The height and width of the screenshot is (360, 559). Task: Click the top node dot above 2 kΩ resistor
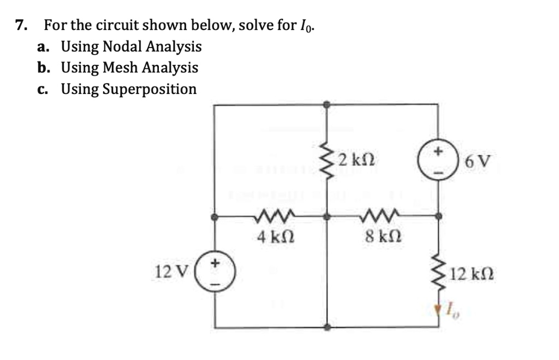click(x=326, y=104)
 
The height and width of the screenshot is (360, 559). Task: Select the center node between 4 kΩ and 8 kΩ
click(x=326, y=217)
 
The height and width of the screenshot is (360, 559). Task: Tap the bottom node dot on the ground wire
click(x=326, y=328)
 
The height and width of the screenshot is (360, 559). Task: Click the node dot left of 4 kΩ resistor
click(x=215, y=217)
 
